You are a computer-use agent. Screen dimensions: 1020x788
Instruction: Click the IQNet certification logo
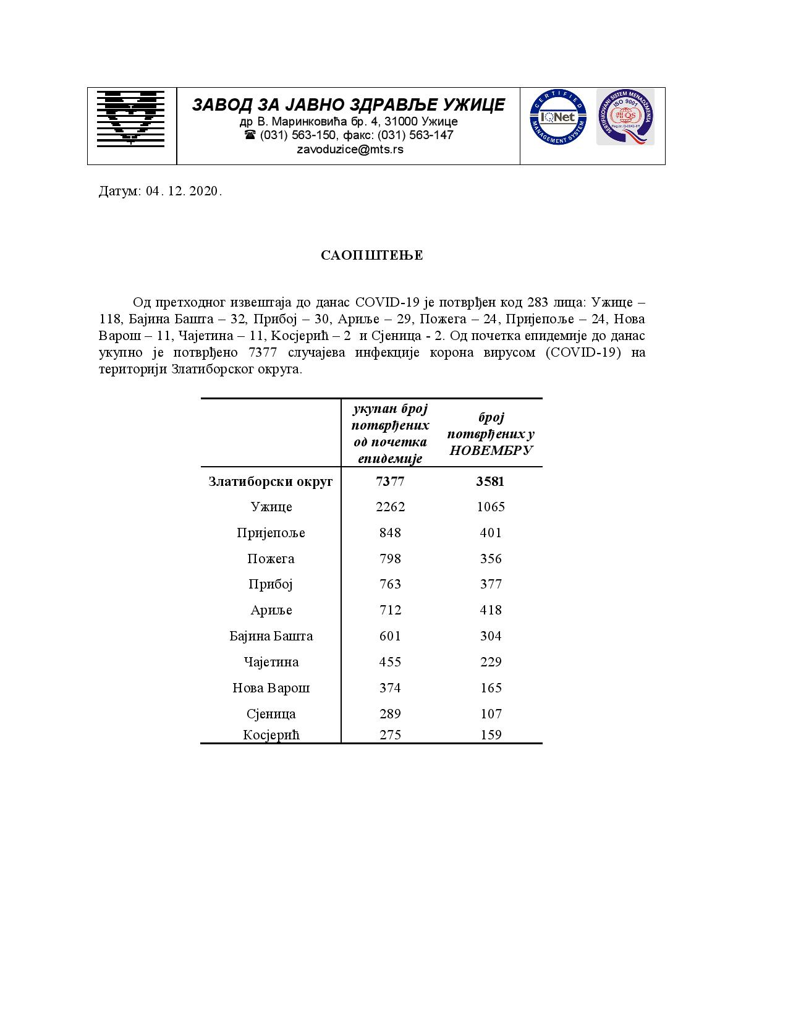click(557, 117)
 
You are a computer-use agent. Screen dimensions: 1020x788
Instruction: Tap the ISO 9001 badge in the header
click(625, 117)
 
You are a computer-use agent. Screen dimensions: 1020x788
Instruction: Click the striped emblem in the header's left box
click(131, 118)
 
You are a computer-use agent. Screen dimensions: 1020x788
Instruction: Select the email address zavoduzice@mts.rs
click(350, 149)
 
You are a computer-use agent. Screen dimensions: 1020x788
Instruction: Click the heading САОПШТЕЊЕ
click(372, 255)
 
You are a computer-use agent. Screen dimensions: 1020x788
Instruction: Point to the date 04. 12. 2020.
click(184, 191)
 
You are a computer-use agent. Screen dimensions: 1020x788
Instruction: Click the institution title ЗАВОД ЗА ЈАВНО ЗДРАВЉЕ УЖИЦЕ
click(348, 104)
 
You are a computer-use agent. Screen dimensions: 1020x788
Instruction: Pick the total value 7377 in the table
click(390, 481)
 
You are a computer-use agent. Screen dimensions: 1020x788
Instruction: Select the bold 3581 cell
click(490, 481)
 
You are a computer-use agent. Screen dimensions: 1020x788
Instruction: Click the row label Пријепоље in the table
click(271, 533)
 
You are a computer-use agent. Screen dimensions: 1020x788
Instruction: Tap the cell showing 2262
click(390, 507)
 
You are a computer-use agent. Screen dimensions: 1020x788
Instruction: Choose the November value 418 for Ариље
click(491, 610)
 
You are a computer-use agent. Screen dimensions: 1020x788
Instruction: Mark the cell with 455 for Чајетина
click(390, 662)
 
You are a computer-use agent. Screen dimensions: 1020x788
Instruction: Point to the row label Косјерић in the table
click(271, 735)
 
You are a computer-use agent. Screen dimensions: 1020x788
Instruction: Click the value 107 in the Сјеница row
click(491, 714)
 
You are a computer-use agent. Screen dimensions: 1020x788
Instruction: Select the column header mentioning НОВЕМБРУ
click(491, 434)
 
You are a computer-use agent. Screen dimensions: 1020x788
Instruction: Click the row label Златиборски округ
click(271, 481)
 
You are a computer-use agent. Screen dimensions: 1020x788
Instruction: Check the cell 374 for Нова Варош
click(390, 688)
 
